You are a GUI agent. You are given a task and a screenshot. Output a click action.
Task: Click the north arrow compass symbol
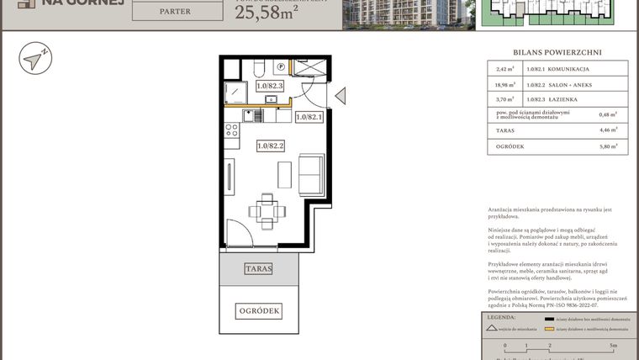click(35, 59)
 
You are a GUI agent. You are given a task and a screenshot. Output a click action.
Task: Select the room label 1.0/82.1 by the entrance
click(309, 118)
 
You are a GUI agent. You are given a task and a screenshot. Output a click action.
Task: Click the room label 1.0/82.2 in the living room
click(271, 146)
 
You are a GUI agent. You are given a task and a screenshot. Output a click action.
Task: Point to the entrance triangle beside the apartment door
click(340, 96)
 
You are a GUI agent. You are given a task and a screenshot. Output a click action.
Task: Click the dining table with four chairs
click(266, 211)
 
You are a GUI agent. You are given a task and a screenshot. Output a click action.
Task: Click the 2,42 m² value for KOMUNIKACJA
click(504, 68)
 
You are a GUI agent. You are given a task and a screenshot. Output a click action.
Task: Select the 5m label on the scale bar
click(615, 346)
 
